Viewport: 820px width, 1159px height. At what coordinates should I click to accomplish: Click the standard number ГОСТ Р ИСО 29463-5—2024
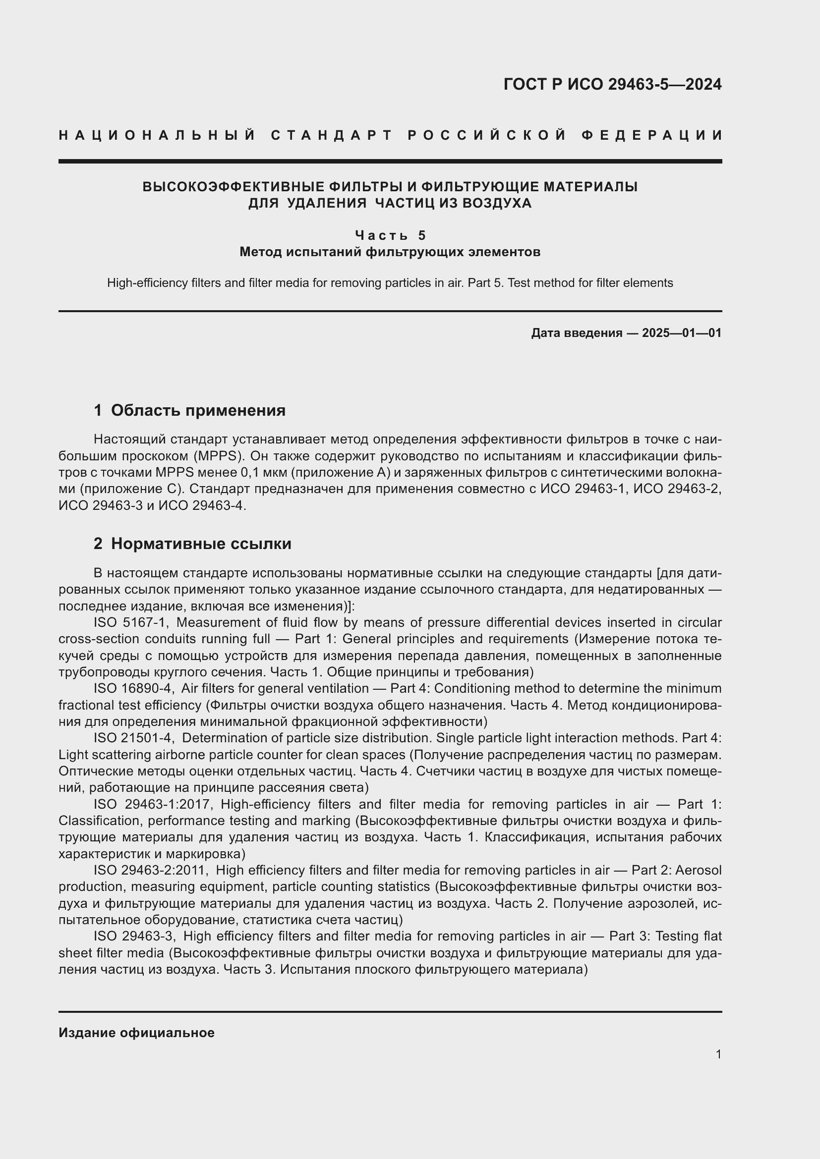pyautogui.click(x=612, y=84)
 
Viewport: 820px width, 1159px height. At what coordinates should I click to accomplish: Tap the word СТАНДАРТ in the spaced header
pyautogui.click(x=332, y=135)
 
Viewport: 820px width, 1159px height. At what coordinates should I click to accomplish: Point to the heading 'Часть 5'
pyautogui.click(x=390, y=235)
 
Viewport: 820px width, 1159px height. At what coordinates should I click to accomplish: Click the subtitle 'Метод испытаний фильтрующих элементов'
pyautogui.click(x=390, y=251)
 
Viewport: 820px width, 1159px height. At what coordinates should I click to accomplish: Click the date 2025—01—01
pyautogui.click(x=682, y=333)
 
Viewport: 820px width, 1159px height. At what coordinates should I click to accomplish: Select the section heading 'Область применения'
pyautogui.click(x=198, y=410)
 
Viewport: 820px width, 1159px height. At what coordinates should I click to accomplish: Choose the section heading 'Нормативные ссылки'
pyautogui.click(x=201, y=544)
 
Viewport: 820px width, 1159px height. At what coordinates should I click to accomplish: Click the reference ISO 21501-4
pyautogui.click(x=134, y=738)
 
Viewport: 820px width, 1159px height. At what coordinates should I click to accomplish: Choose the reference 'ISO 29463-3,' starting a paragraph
pyautogui.click(x=134, y=937)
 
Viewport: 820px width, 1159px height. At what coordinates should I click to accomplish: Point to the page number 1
pyautogui.click(x=718, y=1054)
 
